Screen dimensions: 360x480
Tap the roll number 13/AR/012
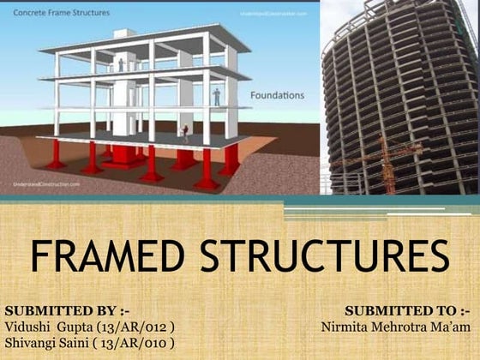point(141,326)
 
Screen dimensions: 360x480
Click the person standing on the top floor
point(121,64)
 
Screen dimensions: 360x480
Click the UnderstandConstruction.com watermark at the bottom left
point(47,183)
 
